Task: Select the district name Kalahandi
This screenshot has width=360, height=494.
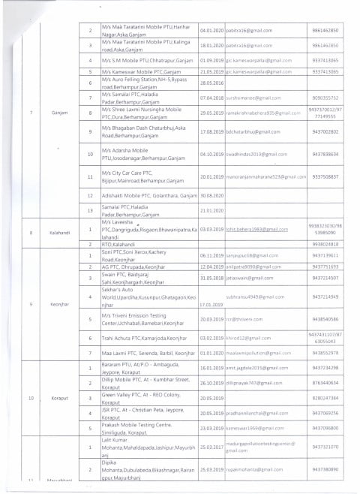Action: coord(61,233)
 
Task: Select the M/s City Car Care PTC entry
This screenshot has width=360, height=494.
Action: coord(142,176)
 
